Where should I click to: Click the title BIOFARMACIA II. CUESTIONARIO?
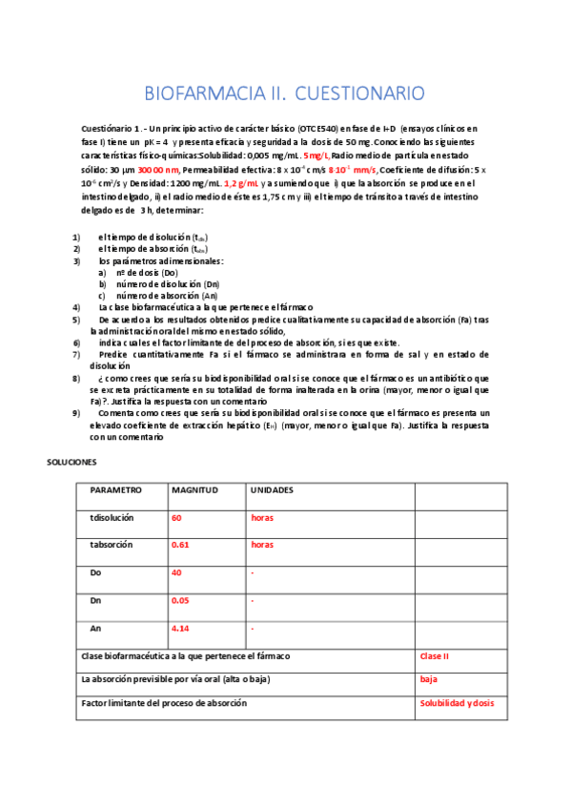tap(283, 93)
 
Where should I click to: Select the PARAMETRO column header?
tap(115, 489)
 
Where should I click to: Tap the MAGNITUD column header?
tap(194, 489)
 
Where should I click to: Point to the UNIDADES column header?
tap(272, 489)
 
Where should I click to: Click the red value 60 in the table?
tap(176, 517)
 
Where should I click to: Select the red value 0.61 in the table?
tap(180, 545)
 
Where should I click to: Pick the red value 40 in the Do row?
tap(176, 573)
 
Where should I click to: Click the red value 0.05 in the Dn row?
tap(180, 601)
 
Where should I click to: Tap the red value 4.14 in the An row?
tap(180, 629)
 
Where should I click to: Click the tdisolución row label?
tap(112, 517)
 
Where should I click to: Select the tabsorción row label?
tap(111, 545)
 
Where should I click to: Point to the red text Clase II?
tap(435, 656)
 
